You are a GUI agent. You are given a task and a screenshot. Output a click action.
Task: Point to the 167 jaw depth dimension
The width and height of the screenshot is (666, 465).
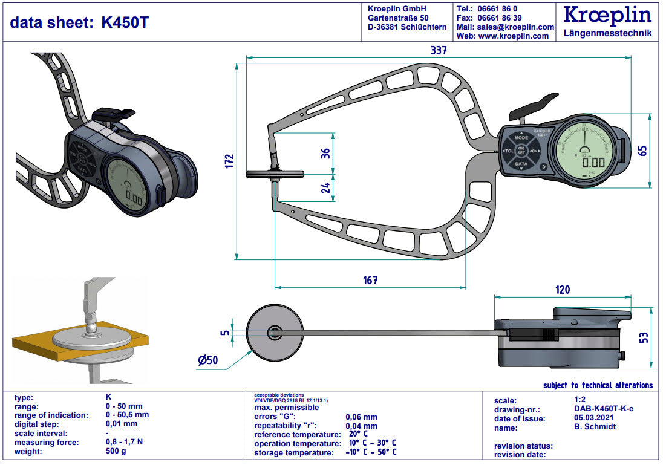tap(370, 280)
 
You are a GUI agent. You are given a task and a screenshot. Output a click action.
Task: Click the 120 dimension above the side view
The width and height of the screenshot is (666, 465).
tap(562, 290)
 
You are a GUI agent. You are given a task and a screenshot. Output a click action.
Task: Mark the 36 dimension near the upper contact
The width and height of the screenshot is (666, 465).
tap(325, 154)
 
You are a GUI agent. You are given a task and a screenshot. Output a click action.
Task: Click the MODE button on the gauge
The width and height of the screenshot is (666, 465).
tap(521, 138)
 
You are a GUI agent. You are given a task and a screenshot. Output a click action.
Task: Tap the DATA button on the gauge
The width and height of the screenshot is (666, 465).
tap(521, 164)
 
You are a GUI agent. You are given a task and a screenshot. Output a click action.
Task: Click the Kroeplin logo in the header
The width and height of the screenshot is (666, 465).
tap(607, 15)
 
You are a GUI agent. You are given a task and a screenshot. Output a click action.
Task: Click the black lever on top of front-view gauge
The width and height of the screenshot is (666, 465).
tap(535, 106)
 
